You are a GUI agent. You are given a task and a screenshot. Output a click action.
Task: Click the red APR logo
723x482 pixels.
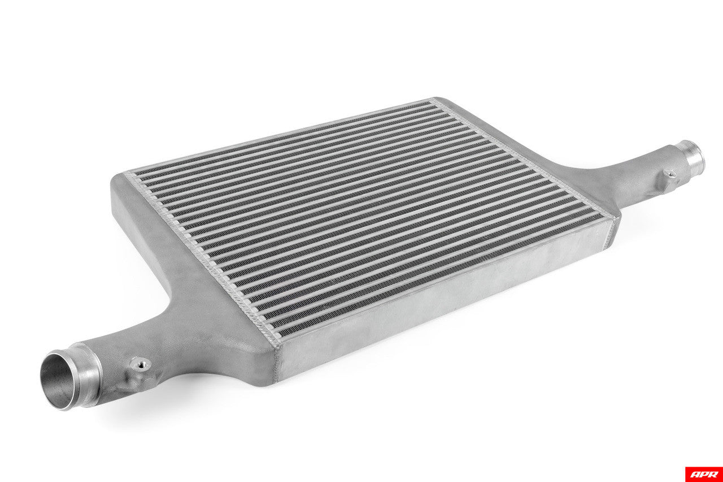coord(703,474)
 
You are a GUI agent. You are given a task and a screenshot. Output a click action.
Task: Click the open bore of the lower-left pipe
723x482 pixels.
coord(56,380)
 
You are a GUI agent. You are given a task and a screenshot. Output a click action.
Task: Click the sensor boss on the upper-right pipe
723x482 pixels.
coord(669,174)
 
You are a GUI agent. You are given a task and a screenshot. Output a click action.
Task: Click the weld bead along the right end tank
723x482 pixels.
coord(525,158)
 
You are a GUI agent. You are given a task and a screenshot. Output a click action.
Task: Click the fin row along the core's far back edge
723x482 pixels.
coord(282,136)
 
